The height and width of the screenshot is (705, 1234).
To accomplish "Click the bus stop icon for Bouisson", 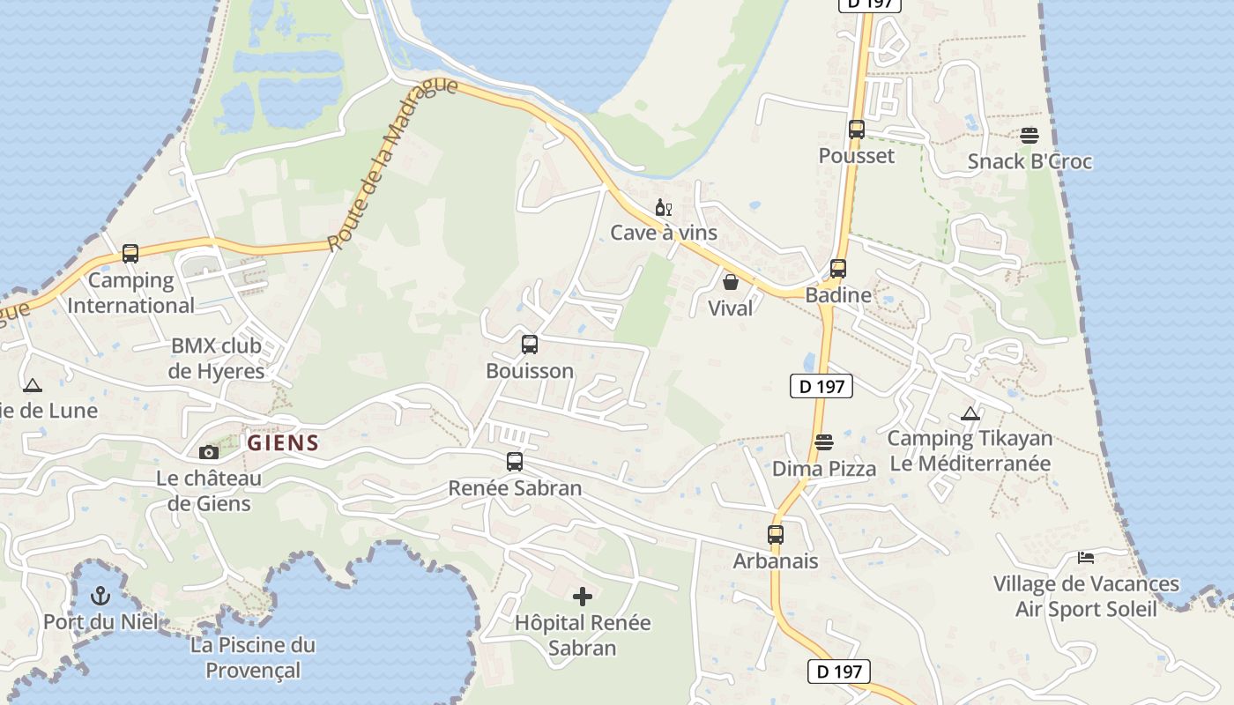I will (529, 345).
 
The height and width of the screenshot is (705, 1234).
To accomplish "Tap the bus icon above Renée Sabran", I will (515, 461).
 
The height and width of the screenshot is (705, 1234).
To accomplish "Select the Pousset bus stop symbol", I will (856, 130).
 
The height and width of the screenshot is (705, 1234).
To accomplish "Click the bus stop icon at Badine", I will (838, 269).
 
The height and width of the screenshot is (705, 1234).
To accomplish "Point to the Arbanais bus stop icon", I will (776, 534).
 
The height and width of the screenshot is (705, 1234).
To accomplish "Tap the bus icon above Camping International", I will (130, 254).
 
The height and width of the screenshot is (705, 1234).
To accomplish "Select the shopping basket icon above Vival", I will (731, 282).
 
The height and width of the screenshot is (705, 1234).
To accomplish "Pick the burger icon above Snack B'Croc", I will (1029, 136).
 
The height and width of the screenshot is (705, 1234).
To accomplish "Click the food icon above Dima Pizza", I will (824, 442).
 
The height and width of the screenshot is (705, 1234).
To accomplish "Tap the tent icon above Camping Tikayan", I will (970, 413).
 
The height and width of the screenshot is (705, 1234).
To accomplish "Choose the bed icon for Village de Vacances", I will (1086, 558).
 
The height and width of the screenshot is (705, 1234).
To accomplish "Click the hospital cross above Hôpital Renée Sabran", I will (583, 597).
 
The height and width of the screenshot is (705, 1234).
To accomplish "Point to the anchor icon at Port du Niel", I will (100, 596).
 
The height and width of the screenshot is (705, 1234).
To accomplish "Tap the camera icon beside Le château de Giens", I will (209, 452).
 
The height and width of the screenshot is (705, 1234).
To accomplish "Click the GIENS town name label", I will (282, 443).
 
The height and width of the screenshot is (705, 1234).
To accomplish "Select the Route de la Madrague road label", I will (392, 164).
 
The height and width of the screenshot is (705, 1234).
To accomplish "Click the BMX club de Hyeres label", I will (217, 358).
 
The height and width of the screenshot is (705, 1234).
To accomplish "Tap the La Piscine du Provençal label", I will (253, 657).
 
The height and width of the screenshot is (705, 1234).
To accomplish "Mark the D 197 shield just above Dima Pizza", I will (821, 385).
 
